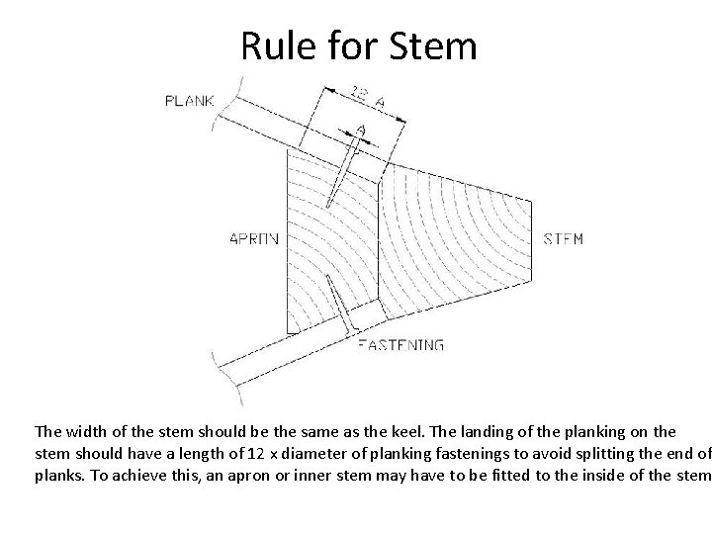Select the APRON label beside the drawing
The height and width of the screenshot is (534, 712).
point(254,238)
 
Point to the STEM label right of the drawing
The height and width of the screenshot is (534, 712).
point(564,238)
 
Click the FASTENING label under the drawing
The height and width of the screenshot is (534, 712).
point(400,345)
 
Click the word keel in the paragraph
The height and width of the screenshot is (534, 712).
point(388,432)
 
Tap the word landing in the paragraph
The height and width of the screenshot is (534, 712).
point(472,432)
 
